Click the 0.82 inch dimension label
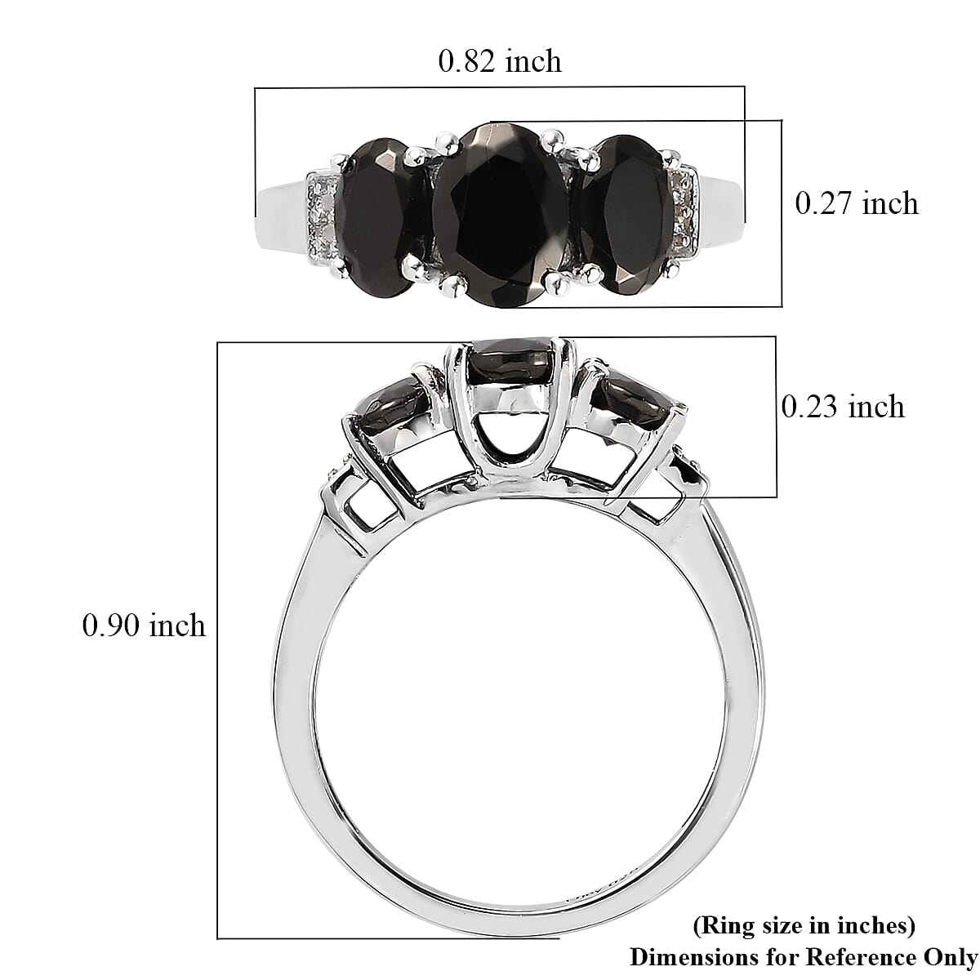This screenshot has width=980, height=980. [500, 61]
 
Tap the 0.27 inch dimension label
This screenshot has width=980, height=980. [857, 203]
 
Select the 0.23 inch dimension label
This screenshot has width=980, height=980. [843, 406]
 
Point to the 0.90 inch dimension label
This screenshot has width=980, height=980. [144, 626]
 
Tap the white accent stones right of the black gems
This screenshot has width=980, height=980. [683, 211]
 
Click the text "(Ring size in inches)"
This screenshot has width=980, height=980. [804, 925]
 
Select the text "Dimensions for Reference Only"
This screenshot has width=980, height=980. [804, 956]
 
